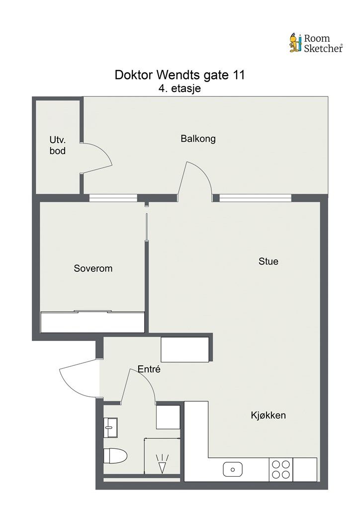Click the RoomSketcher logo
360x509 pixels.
[316, 43]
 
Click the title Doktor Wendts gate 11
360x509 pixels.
[180, 75]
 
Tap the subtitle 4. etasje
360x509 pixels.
[180, 88]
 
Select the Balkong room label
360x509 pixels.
[198, 139]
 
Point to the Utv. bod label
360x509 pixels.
[57, 145]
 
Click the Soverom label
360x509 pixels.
[93, 268]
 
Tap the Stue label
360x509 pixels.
[268, 261]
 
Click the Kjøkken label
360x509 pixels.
[268, 416]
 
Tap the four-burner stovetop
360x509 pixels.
[280, 469]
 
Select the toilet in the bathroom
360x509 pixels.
[115, 454]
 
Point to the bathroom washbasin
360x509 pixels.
[111, 427]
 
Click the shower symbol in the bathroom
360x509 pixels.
[162, 463]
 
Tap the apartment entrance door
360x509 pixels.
[80, 380]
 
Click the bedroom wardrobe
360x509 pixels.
[93, 322]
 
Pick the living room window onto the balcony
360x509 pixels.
[256, 198]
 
